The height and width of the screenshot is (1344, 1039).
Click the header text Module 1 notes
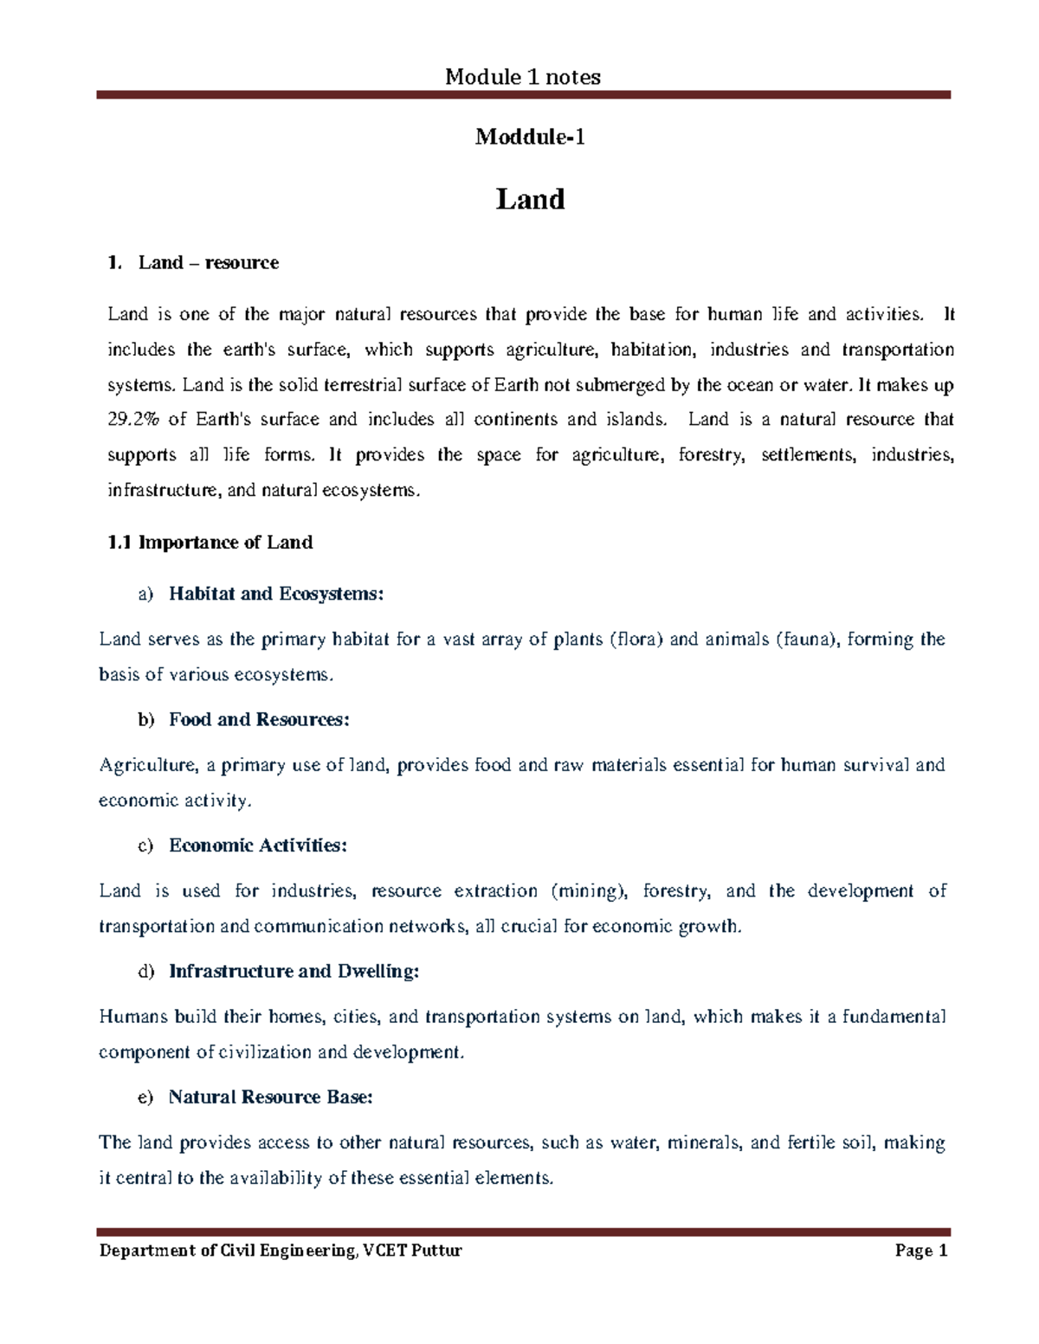[x=522, y=78]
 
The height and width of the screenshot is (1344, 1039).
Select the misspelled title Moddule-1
[x=530, y=137]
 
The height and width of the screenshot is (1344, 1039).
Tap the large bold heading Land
[x=530, y=200]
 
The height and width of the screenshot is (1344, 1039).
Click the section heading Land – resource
[x=208, y=263]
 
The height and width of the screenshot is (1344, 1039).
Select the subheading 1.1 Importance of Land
[x=210, y=543]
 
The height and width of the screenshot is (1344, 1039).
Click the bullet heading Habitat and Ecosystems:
[x=275, y=594]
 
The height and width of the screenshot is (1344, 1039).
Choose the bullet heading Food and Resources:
[x=259, y=719]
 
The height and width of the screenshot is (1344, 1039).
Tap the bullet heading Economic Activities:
[x=257, y=846]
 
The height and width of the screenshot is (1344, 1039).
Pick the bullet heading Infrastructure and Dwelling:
[x=294, y=971]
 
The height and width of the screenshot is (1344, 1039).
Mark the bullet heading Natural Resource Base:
[x=270, y=1097]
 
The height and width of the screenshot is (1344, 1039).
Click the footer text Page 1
[x=922, y=1251]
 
